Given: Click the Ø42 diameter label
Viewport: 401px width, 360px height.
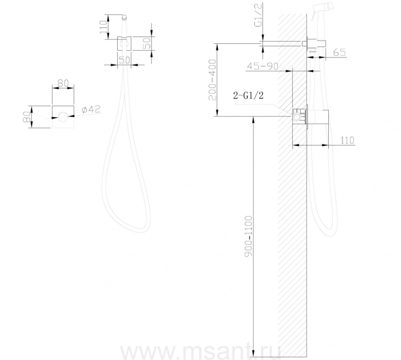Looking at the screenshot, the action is pyautogui.click(x=91, y=110).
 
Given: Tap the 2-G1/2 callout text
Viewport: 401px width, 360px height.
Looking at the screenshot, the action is pyautogui.click(x=248, y=95).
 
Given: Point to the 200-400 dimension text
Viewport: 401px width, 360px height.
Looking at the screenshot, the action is pyautogui.click(x=212, y=80).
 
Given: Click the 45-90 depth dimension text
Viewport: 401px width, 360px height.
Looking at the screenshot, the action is pyautogui.click(x=262, y=66).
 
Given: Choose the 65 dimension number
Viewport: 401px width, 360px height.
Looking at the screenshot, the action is pyautogui.click(x=340, y=53).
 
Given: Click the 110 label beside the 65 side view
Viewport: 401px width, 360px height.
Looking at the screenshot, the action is pyautogui.click(x=347, y=141).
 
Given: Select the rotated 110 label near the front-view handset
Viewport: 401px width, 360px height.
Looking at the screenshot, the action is pyautogui.click(x=103, y=27).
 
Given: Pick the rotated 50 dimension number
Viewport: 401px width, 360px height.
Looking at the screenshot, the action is pyautogui.click(x=147, y=43).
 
